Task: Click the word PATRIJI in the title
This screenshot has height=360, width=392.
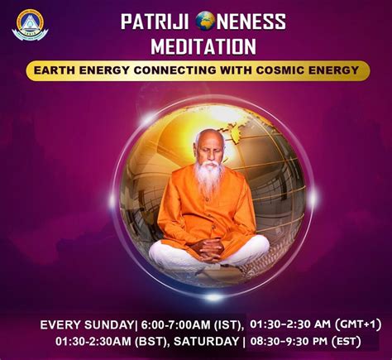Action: [x=155, y=22]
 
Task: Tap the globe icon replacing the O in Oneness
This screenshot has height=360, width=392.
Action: [x=205, y=22]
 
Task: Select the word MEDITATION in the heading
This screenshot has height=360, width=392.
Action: [x=203, y=46]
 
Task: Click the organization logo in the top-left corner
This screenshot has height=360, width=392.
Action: [x=30, y=25]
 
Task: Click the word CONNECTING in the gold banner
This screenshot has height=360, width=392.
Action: [x=174, y=70]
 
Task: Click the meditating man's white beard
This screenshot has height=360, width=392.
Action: [x=208, y=176]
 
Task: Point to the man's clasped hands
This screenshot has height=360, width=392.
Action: [x=209, y=249]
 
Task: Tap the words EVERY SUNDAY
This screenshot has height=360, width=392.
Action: [x=87, y=325]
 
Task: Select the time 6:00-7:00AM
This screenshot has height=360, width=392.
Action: [x=176, y=325]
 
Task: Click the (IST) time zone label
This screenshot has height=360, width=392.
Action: [x=228, y=325]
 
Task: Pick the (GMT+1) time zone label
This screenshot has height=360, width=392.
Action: [x=358, y=324]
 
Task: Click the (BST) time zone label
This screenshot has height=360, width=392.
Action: [x=152, y=342]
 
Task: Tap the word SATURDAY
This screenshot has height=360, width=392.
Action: [x=207, y=342]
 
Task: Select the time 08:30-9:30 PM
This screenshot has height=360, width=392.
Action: [x=289, y=342]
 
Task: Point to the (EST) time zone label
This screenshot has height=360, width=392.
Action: [x=347, y=342]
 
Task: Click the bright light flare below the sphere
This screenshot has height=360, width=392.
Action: [x=213, y=297]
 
